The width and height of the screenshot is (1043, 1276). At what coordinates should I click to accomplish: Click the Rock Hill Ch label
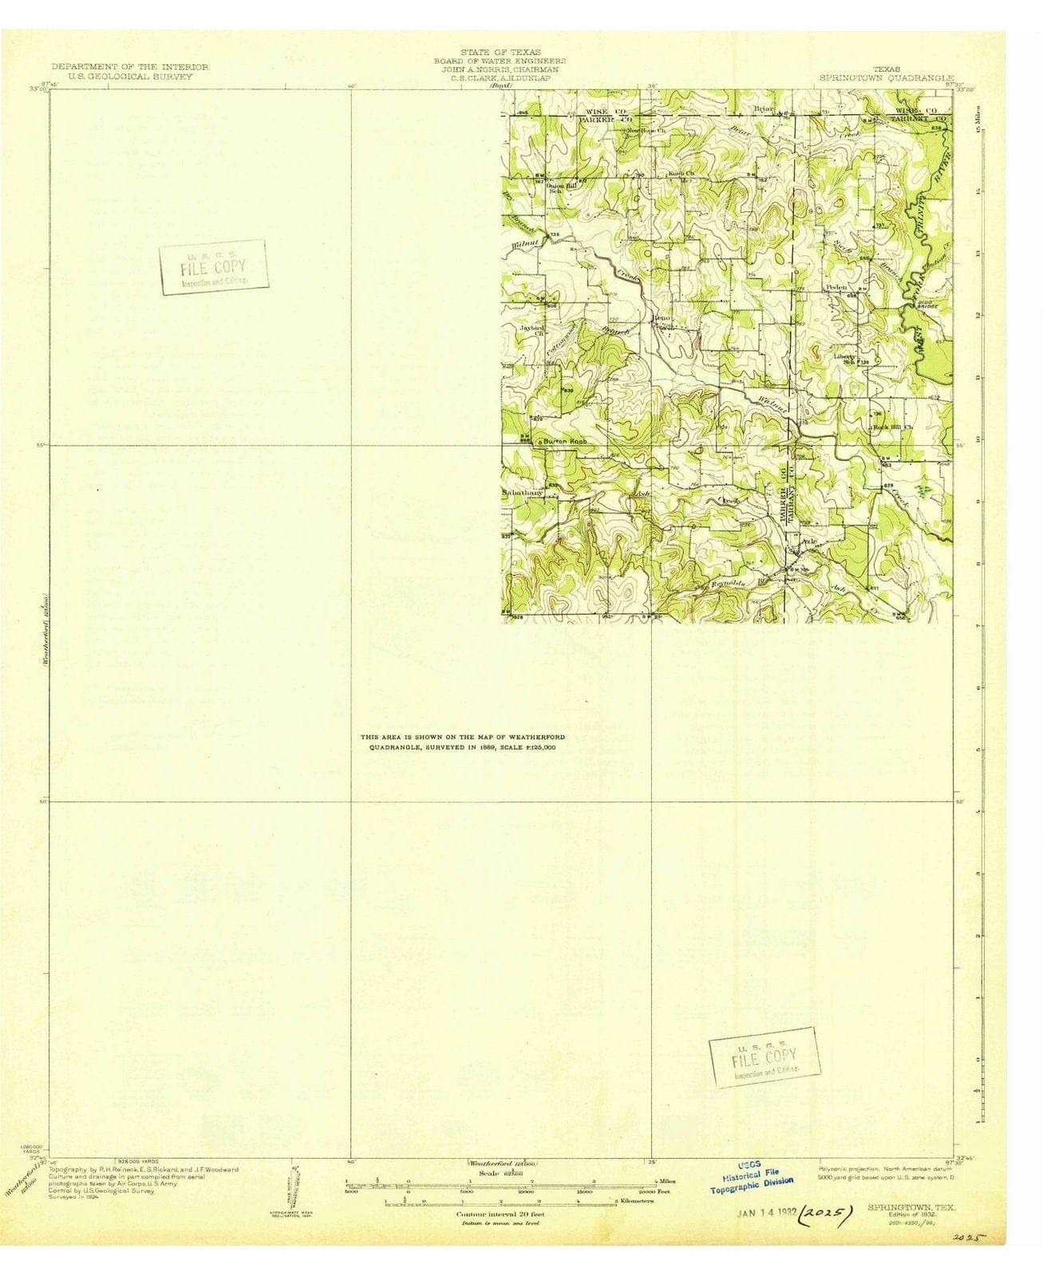click(891, 427)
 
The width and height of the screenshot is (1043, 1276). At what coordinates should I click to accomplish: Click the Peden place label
click(836, 286)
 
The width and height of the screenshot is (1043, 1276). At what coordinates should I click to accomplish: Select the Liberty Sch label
click(845, 359)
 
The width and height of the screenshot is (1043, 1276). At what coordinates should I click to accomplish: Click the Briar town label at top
click(764, 107)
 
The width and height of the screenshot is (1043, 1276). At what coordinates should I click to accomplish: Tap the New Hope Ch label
click(646, 130)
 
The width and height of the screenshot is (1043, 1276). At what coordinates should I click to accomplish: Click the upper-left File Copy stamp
click(213, 267)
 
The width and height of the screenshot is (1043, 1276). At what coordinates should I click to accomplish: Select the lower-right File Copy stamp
click(764, 1057)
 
